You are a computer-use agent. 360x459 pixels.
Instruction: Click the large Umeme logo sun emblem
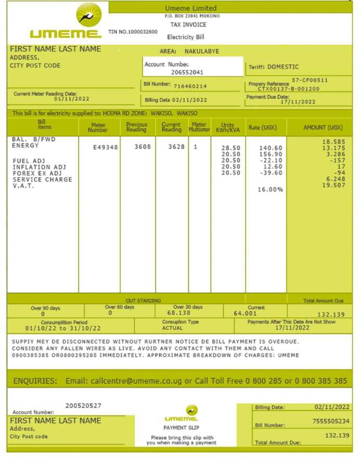[89, 15]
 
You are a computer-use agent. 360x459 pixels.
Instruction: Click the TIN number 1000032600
[133, 32]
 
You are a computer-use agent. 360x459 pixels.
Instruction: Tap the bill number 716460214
[190, 86]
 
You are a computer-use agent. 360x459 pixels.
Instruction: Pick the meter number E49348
[106, 147]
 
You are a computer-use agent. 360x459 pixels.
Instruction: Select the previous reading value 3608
[143, 147]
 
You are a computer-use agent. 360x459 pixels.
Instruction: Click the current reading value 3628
[176, 147]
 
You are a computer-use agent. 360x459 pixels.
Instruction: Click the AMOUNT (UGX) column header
[323, 127]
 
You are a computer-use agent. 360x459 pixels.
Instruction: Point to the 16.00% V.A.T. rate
[271, 190]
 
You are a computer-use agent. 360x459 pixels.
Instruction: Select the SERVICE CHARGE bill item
[42, 180]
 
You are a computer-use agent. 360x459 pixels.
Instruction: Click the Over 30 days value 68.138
[178, 313]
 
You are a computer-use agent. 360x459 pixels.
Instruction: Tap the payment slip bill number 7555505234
[331, 421]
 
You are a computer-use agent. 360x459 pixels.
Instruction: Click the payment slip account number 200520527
[83, 405]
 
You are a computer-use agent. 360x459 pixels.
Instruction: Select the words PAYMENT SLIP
[179, 428]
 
